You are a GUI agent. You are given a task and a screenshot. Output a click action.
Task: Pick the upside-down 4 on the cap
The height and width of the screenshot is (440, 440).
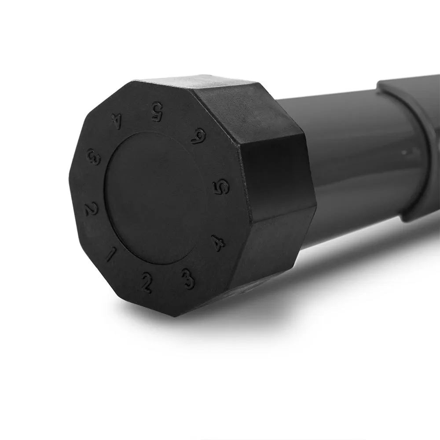click(x=116, y=122)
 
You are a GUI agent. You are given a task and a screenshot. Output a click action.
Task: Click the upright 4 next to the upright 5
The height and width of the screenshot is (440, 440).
click(x=219, y=242)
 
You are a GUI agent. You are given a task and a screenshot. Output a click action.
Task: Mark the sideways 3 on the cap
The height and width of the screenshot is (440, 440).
click(x=94, y=157)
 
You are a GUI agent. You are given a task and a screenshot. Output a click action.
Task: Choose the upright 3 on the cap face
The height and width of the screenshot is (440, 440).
click(x=188, y=278)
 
